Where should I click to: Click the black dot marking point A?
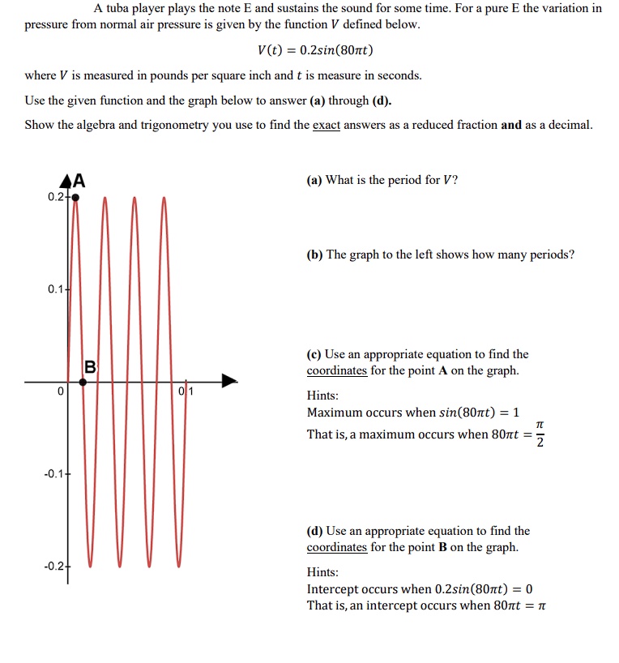click(75, 196)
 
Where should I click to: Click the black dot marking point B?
click(90, 382)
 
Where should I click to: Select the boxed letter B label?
click(91, 366)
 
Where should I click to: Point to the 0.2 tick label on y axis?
click(54, 196)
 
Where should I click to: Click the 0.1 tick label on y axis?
click(54, 289)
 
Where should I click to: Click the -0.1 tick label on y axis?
click(53, 474)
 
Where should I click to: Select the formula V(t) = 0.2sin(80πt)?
click(314, 50)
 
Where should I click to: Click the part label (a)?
click(314, 180)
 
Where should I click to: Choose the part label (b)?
click(314, 255)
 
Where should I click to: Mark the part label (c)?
click(314, 354)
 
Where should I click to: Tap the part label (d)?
click(314, 531)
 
